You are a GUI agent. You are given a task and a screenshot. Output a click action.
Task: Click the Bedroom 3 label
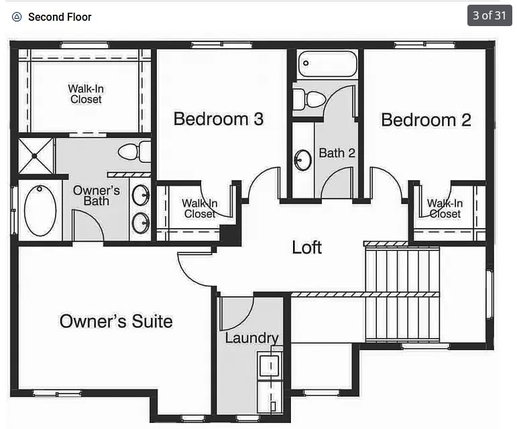[219, 118]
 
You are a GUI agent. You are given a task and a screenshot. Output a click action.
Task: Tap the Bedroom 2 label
[426, 120]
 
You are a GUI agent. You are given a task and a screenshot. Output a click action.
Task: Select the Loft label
[306, 247]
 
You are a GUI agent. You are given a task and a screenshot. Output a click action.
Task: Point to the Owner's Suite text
[116, 321]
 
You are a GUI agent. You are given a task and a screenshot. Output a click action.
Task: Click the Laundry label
[252, 338]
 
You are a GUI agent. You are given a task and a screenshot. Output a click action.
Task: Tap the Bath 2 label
[337, 153]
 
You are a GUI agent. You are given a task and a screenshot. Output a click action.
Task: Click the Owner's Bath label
[97, 195]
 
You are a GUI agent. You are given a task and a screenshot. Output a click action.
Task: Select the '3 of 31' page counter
[490, 15]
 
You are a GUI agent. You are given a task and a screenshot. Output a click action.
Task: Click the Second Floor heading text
[60, 17]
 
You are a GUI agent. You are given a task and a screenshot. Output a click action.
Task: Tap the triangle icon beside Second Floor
[17, 17]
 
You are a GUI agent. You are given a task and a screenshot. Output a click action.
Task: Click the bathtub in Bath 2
[327, 64]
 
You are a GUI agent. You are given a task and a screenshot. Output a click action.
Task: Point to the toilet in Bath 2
[309, 99]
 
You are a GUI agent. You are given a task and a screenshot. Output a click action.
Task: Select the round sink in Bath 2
[302, 160]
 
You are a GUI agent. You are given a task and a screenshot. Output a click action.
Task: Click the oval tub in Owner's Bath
[40, 211]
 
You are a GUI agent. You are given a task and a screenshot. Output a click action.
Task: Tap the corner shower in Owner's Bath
[36, 156]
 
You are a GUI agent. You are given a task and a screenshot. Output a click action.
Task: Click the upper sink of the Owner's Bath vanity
[141, 195]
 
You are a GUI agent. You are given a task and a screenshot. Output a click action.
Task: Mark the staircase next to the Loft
[402, 294]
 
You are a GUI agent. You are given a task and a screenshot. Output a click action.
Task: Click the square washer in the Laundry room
[270, 365]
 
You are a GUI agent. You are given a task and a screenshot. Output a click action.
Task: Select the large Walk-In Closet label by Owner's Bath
[86, 94]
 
